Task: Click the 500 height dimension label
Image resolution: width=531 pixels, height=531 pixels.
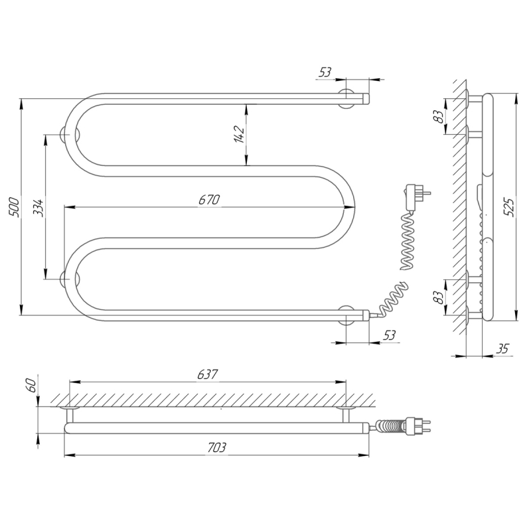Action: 14,206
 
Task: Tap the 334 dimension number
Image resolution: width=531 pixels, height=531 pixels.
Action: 38,208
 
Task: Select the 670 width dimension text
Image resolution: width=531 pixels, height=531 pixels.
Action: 209,200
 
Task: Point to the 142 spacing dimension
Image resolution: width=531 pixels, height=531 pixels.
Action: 240,134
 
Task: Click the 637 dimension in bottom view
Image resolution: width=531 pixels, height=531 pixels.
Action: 208,374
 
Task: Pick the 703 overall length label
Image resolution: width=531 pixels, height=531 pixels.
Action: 216,447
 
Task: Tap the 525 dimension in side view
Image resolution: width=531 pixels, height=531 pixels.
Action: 508,207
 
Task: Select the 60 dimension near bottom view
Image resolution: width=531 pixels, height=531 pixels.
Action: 31,386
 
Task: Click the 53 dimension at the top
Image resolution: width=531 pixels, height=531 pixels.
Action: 325,72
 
